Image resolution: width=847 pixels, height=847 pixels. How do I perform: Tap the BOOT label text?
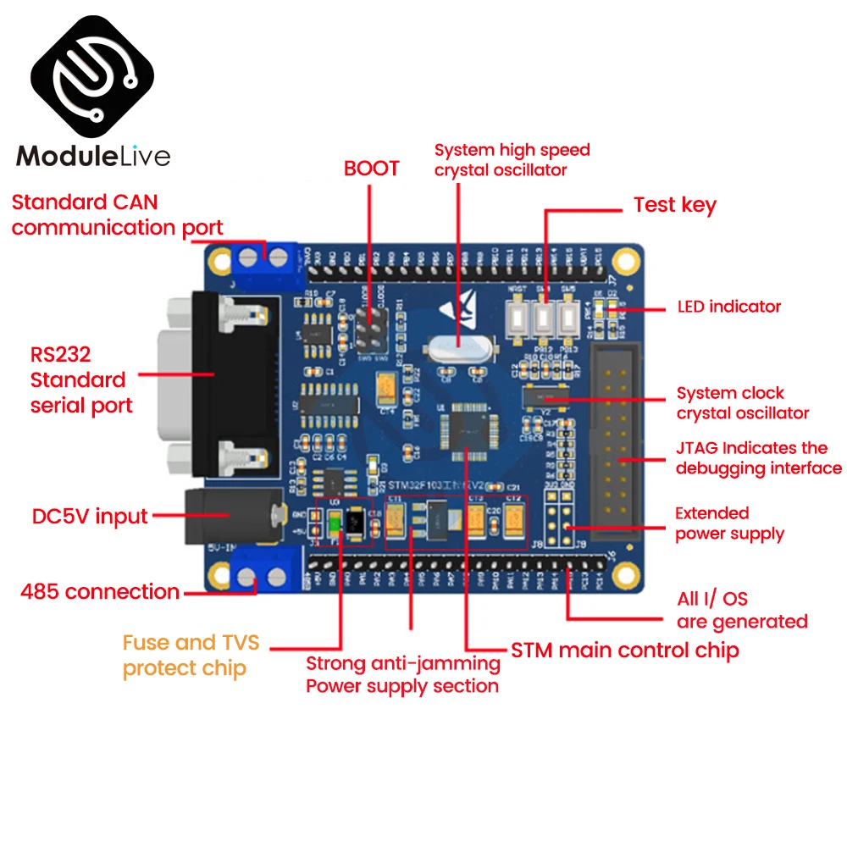(x=371, y=169)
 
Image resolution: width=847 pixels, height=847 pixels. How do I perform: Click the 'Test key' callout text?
(x=674, y=205)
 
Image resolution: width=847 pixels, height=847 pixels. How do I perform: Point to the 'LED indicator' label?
(x=729, y=307)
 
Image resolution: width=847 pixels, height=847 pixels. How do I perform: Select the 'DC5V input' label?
(x=90, y=517)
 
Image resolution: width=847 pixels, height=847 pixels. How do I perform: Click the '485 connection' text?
(x=100, y=591)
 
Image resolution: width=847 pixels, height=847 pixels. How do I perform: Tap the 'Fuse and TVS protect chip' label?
(x=191, y=656)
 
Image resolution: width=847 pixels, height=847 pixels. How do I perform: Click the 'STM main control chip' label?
(x=625, y=650)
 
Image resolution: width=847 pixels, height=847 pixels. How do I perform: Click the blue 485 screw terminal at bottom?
(x=261, y=577)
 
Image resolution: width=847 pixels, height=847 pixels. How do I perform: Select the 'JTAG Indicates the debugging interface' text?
(x=758, y=457)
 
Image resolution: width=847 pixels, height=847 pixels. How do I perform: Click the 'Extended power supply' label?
(x=729, y=523)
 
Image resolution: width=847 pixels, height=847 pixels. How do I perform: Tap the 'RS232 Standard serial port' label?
(x=81, y=379)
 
